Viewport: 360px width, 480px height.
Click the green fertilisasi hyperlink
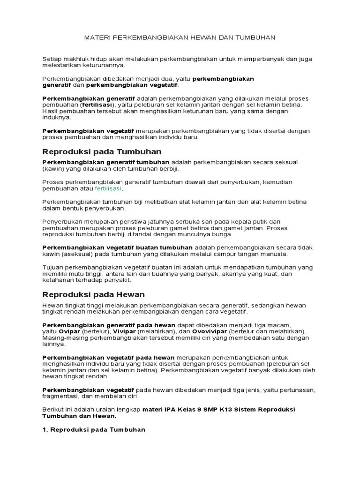coord(108,188)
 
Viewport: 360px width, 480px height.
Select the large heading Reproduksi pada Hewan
coord(94,294)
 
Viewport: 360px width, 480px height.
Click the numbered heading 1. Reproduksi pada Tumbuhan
coord(94,429)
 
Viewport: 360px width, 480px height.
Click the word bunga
coord(223,234)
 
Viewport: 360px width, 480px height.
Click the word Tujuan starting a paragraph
coord(53,267)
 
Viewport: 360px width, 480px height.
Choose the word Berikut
coord(52,409)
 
